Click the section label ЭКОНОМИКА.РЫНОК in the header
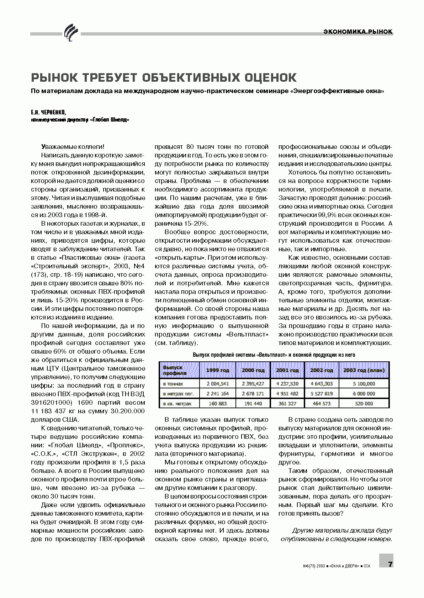point(358,32)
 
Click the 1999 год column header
point(218,370)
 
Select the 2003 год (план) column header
point(364,370)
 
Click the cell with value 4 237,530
point(287,384)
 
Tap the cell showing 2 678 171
point(253,394)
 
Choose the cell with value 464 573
point(321,404)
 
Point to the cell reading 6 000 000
point(364,394)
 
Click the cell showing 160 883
point(218,404)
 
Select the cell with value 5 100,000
point(364,384)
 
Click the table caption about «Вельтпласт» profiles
point(274,355)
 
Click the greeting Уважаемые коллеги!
point(73,146)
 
